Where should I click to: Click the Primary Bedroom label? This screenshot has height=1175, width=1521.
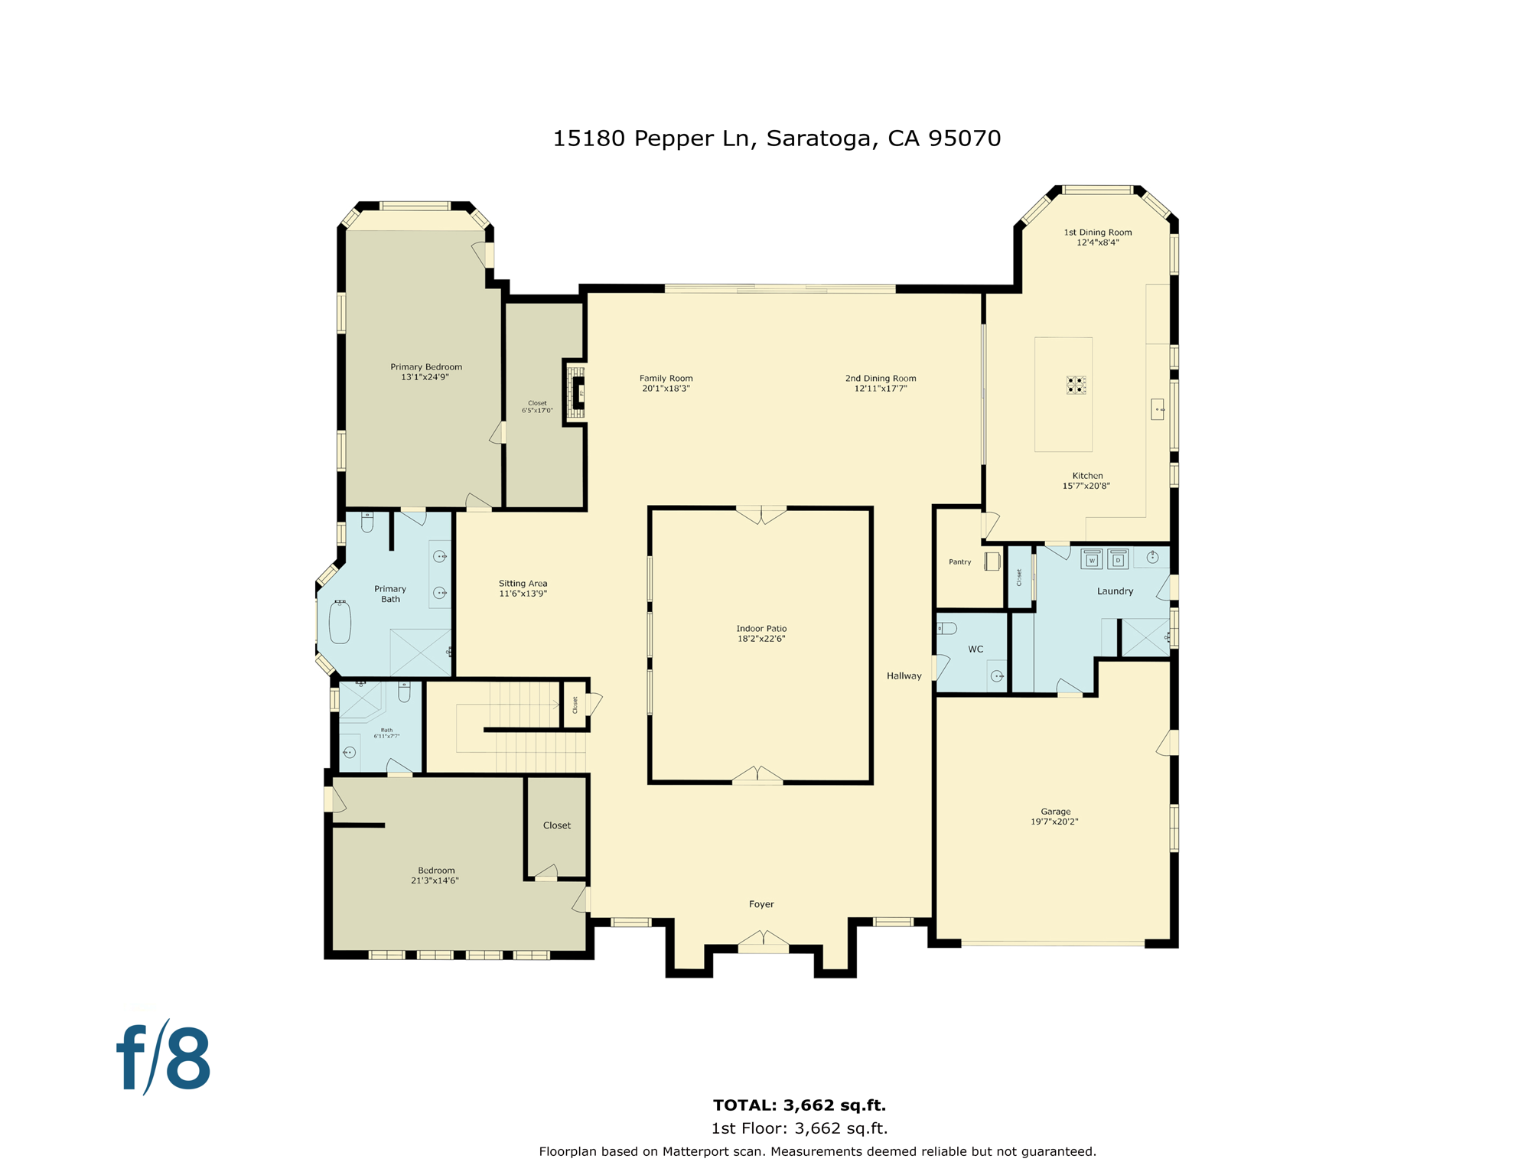(x=426, y=367)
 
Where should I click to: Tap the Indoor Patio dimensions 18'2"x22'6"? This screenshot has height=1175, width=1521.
(x=761, y=639)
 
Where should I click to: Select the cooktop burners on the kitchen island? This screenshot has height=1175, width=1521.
(x=1076, y=385)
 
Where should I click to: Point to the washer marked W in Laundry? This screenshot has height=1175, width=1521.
(x=1092, y=559)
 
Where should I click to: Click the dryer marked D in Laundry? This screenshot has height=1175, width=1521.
(x=1118, y=559)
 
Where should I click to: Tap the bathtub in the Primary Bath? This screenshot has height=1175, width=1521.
(x=340, y=622)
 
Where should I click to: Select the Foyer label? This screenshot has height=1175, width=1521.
(x=761, y=904)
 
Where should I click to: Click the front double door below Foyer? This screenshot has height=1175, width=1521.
(x=763, y=942)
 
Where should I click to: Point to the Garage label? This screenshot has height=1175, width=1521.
(x=1055, y=812)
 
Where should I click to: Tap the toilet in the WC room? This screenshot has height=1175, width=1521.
(x=947, y=629)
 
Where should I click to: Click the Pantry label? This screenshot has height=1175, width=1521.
(x=959, y=562)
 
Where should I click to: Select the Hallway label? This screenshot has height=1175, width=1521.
(x=904, y=676)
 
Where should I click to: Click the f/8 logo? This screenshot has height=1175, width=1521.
(x=164, y=1059)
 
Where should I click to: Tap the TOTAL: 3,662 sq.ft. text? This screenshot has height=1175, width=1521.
(x=799, y=1105)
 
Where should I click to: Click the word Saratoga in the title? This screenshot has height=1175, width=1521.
(x=818, y=138)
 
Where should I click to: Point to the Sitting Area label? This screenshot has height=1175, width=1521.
(x=523, y=584)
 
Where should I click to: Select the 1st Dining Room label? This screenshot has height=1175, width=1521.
(x=1097, y=233)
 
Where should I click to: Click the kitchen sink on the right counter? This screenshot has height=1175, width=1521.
(x=1157, y=409)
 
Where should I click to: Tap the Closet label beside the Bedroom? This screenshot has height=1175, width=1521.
(x=557, y=825)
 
